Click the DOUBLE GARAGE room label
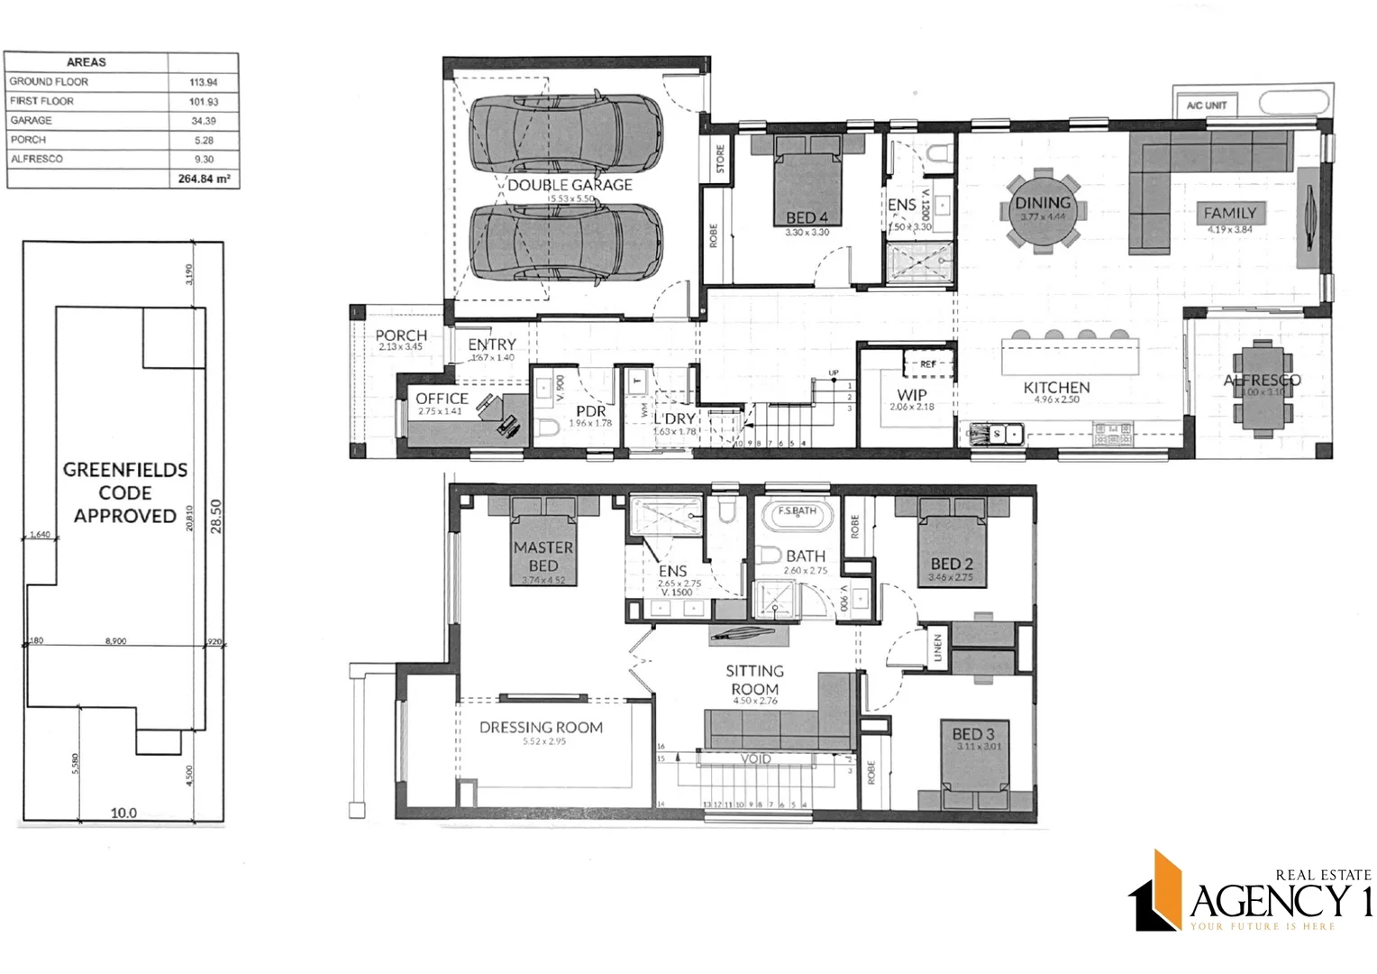[x=570, y=185]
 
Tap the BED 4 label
[x=807, y=217]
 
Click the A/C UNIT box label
[x=1206, y=106]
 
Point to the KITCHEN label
[x=1056, y=388]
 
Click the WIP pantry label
[x=911, y=395]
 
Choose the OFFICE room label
[x=442, y=399]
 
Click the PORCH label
[x=401, y=335]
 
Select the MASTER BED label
[x=543, y=556]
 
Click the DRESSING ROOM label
[x=541, y=727]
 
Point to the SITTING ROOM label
[x=755, y=679]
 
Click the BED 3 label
[x=973, y=734]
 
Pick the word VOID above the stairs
[x=755, y=759]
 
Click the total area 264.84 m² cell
[x=204, y=179]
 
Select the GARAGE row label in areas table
[x=32, y=120]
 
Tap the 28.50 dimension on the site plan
[x=215, y=516]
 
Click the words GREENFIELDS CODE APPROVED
[x=125, y=492]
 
